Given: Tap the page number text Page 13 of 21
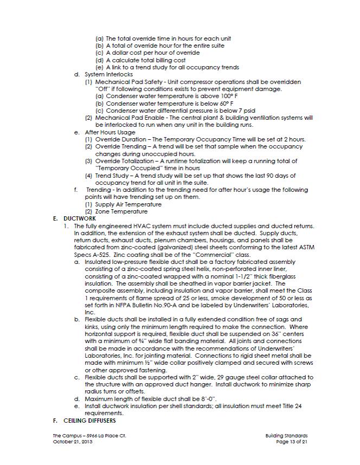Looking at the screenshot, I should tap(292, 442).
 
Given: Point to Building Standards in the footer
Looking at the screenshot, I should tap(287, 435).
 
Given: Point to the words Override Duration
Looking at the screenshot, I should tap(119, 139).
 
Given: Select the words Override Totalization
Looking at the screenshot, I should tap(125, 161).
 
